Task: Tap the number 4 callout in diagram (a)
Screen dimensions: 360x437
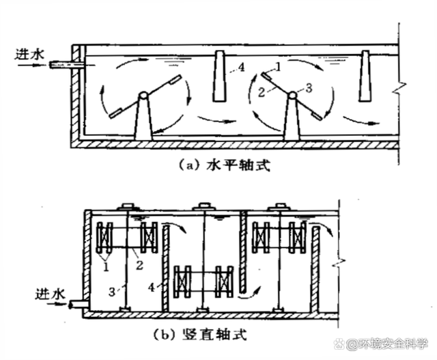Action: (240, 67)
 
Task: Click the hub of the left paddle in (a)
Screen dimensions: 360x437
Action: (143, 96)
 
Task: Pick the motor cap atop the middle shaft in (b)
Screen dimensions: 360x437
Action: (203, 206)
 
